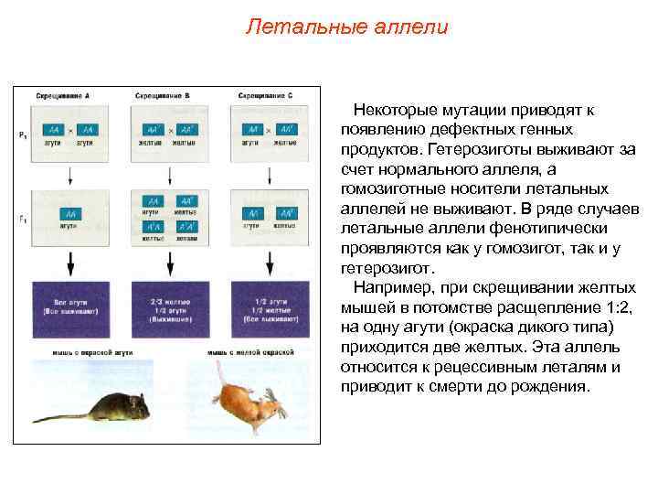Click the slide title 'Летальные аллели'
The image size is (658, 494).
(x=347, y=27)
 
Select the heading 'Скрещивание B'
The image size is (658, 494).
(x=162, y=96)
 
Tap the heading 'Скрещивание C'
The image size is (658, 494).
(x=265, y=96)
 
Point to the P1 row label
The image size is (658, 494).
(x=22, y=135)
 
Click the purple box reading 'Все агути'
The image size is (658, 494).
(x=71, y=306)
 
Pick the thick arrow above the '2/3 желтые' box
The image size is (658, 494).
(x=169, y=263)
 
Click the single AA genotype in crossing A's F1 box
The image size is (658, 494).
(x=70, y=213)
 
